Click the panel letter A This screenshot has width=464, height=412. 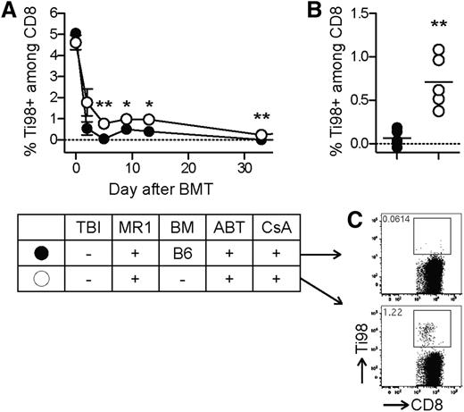(x=11, y=12)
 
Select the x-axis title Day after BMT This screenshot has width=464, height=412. (x=151, y=189)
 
